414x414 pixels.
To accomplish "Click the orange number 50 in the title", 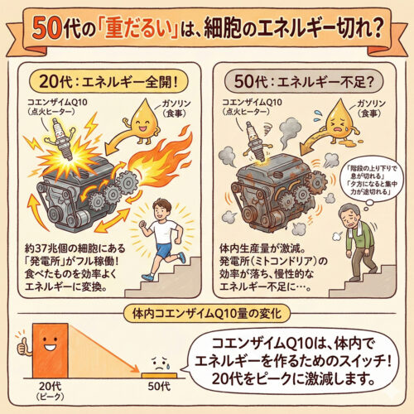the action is [x=47, y=29].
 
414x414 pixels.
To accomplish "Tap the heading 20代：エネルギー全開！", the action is [x=108, y=82].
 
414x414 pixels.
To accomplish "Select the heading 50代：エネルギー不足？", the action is [x=304, y=82].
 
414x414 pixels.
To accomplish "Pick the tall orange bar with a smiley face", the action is [x=51, y=350].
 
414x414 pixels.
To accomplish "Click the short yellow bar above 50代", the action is [x=159, y=375].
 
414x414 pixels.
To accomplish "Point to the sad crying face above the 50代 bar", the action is [x=160, y=363].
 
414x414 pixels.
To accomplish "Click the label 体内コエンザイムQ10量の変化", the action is [x=207, y=314].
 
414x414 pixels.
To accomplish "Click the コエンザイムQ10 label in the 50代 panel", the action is [x=252, y=103].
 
